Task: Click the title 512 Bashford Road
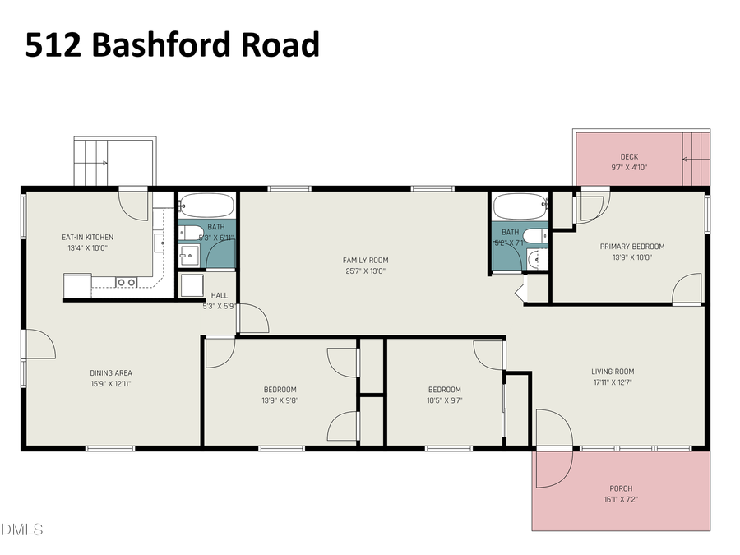172,45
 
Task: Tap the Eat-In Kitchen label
88,238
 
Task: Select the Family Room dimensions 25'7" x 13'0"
365,271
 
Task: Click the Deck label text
629,157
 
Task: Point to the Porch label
621,488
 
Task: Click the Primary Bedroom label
631,247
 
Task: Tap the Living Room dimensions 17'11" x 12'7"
613,382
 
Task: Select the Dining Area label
111,373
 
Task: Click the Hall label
220,296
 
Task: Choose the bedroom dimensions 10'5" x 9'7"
444,400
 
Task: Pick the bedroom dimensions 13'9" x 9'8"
280,400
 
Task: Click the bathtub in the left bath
207,205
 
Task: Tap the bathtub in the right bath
519,205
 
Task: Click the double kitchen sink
126,282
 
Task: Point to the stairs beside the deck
696,158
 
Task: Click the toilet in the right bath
532,238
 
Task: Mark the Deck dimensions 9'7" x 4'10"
629,168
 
